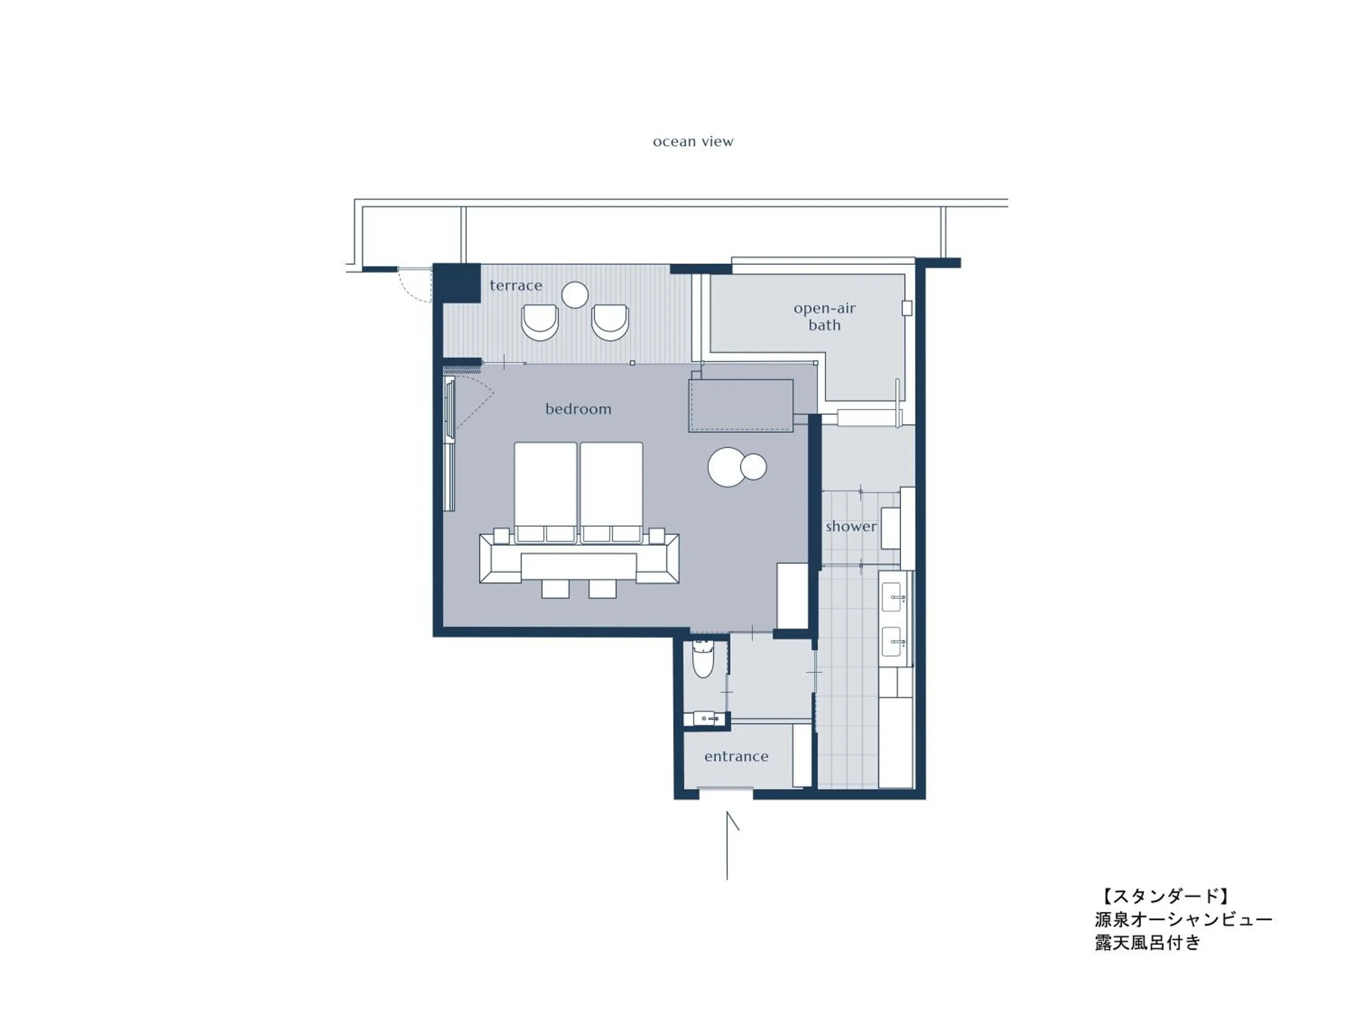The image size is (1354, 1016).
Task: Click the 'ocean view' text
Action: (693, 141)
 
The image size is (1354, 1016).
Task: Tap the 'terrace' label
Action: (515, 285)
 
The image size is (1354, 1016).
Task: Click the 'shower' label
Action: (850, 527)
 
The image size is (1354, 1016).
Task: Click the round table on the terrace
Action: (575, 294)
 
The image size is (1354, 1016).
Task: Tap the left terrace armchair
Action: (540, 323)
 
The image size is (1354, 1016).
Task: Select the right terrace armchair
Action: (610, 323)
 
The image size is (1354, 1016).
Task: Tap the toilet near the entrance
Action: (703, 660)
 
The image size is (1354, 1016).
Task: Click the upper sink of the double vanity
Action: (892, 597)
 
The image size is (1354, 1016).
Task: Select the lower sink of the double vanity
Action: (892, 642)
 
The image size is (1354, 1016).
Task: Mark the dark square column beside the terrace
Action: (457, 282)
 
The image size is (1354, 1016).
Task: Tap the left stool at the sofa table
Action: (555, 588)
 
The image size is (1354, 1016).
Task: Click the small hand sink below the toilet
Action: (706, 717)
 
